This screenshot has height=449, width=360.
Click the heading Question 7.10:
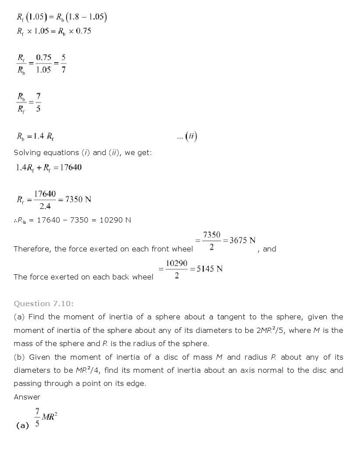coord(39,304)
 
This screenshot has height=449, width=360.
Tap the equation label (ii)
coord(191,137)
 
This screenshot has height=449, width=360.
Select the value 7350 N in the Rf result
coord(78,199)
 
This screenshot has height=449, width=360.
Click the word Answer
coord(27,397)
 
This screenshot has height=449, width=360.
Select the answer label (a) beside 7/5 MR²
coord(22,425)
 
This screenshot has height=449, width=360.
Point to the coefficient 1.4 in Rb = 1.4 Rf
coord(37,137)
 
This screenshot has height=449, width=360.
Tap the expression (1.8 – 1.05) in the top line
coord(88,17)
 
